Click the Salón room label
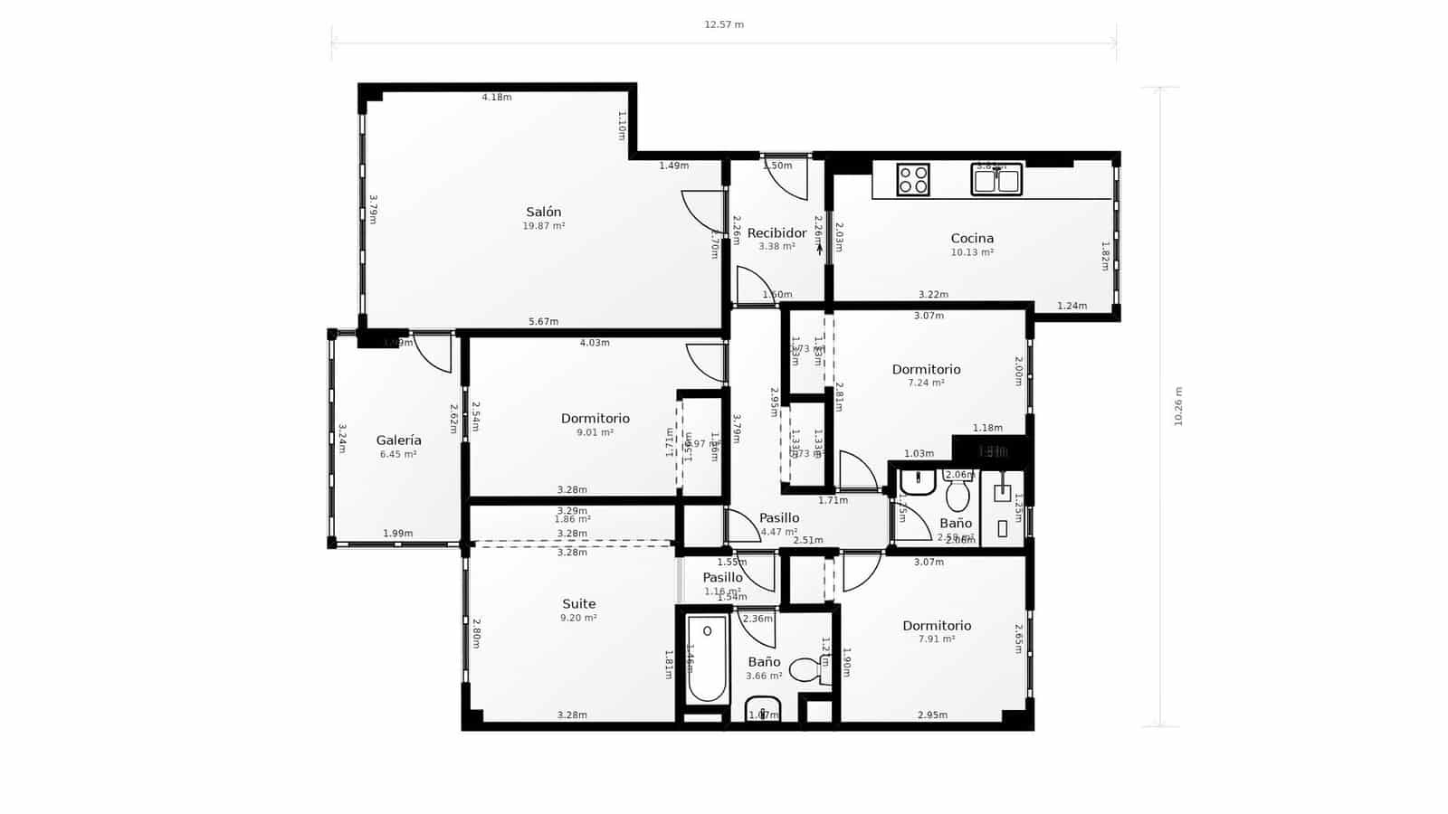click(x=543, y=212)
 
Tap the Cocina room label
click(x=972, y=239)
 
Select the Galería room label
click(x=398, y=440)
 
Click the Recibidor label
click(x=776, y=233)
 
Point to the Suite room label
click(x=579, y=604)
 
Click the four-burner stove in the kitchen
click(x=913, y=179)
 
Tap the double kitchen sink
click(x=996, y=179)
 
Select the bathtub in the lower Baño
click(x=707, y=658)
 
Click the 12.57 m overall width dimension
click(x=724, y=24)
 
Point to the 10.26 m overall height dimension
click(x=1178, y=407)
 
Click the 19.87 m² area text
click(x=543, y=226)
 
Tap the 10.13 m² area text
click(x=972, y=252)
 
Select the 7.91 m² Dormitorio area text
click(x=937, y=639)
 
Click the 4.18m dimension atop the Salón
click(x=496, y=97)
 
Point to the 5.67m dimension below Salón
click(x=543, y=322)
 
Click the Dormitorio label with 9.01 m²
click(x=595, y=419)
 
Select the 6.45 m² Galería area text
click(x=398, y=454)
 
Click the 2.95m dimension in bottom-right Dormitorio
click(x=932, y=715)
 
